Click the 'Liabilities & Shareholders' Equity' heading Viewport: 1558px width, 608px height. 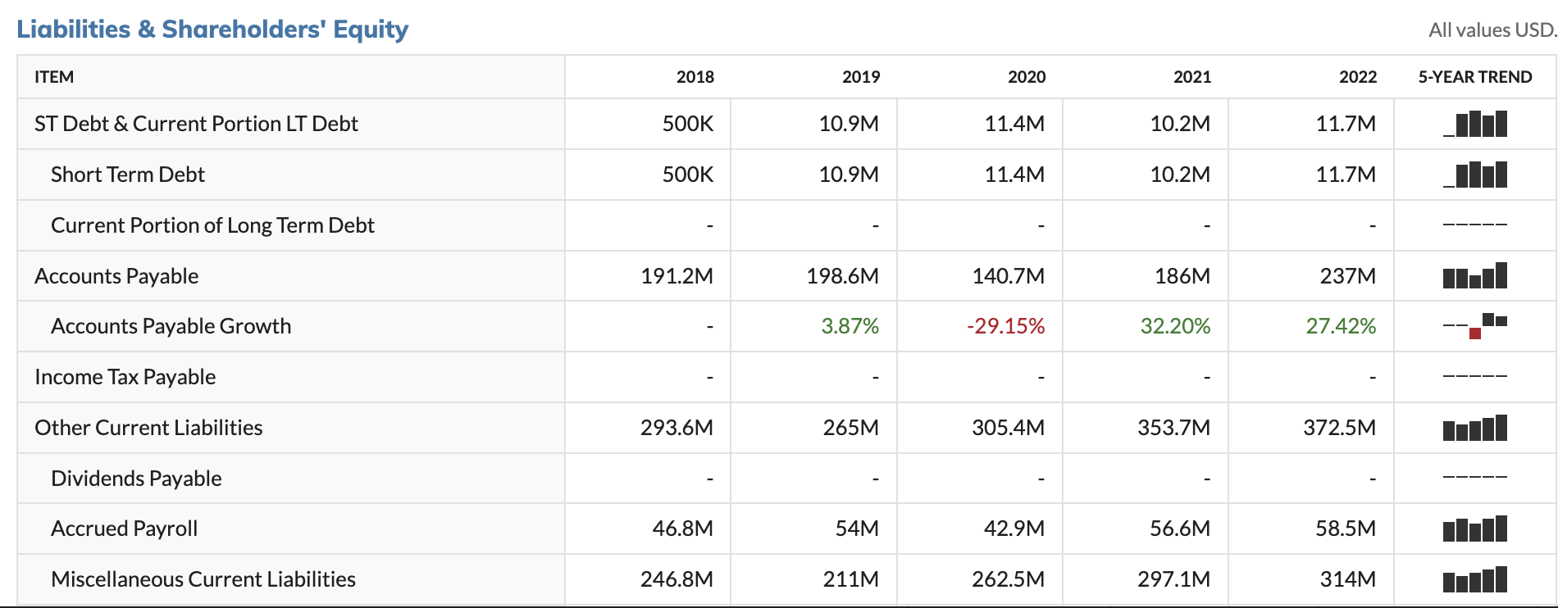212,29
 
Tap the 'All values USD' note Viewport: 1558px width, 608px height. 1491,30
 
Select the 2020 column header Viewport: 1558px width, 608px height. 1026,77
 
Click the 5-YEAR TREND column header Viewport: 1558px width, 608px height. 1474,77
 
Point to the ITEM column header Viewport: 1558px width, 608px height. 54,77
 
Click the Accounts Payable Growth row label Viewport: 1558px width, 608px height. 171,326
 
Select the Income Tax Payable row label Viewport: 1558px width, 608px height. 125,377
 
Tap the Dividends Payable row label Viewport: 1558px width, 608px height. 136,479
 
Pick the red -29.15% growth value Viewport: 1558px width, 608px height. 1005,326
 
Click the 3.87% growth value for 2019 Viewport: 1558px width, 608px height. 850,326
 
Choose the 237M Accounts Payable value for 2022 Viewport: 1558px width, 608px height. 1347,276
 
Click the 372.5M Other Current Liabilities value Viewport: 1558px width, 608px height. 1339,428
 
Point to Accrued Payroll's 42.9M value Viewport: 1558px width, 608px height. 1014,529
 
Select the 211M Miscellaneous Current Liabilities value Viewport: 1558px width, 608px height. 850,579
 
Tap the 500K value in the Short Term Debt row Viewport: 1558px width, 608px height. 687,175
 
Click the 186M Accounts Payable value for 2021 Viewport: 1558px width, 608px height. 1182,276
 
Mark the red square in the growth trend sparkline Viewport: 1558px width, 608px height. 1475,333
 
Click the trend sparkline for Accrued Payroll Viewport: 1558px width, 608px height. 1474,529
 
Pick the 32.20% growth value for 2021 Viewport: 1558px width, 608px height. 1174,326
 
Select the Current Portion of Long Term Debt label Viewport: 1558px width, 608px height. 212,225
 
